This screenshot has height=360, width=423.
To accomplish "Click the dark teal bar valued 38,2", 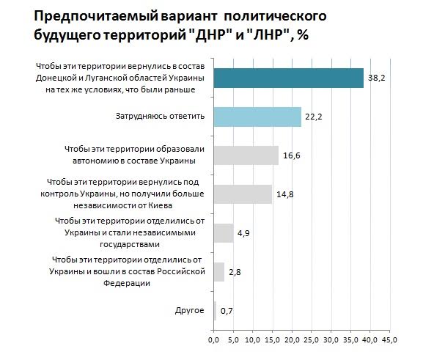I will [288, 78].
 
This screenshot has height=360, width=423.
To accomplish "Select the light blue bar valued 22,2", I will [257, 117].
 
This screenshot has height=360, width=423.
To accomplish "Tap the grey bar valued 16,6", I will [246, 155].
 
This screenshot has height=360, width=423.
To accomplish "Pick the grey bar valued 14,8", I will [243, 194].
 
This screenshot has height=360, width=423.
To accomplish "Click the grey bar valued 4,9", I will [223, 233].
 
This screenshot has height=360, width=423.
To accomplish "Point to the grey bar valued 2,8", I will [219, 272].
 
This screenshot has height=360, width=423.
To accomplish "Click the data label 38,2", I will [377, 78].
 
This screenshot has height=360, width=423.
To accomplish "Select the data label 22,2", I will [315, 117].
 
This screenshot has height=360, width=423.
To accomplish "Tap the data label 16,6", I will [292, 155].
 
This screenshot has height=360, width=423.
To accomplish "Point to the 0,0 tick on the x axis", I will [213, 341].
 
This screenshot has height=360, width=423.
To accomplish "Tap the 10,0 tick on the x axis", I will [252, 341].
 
